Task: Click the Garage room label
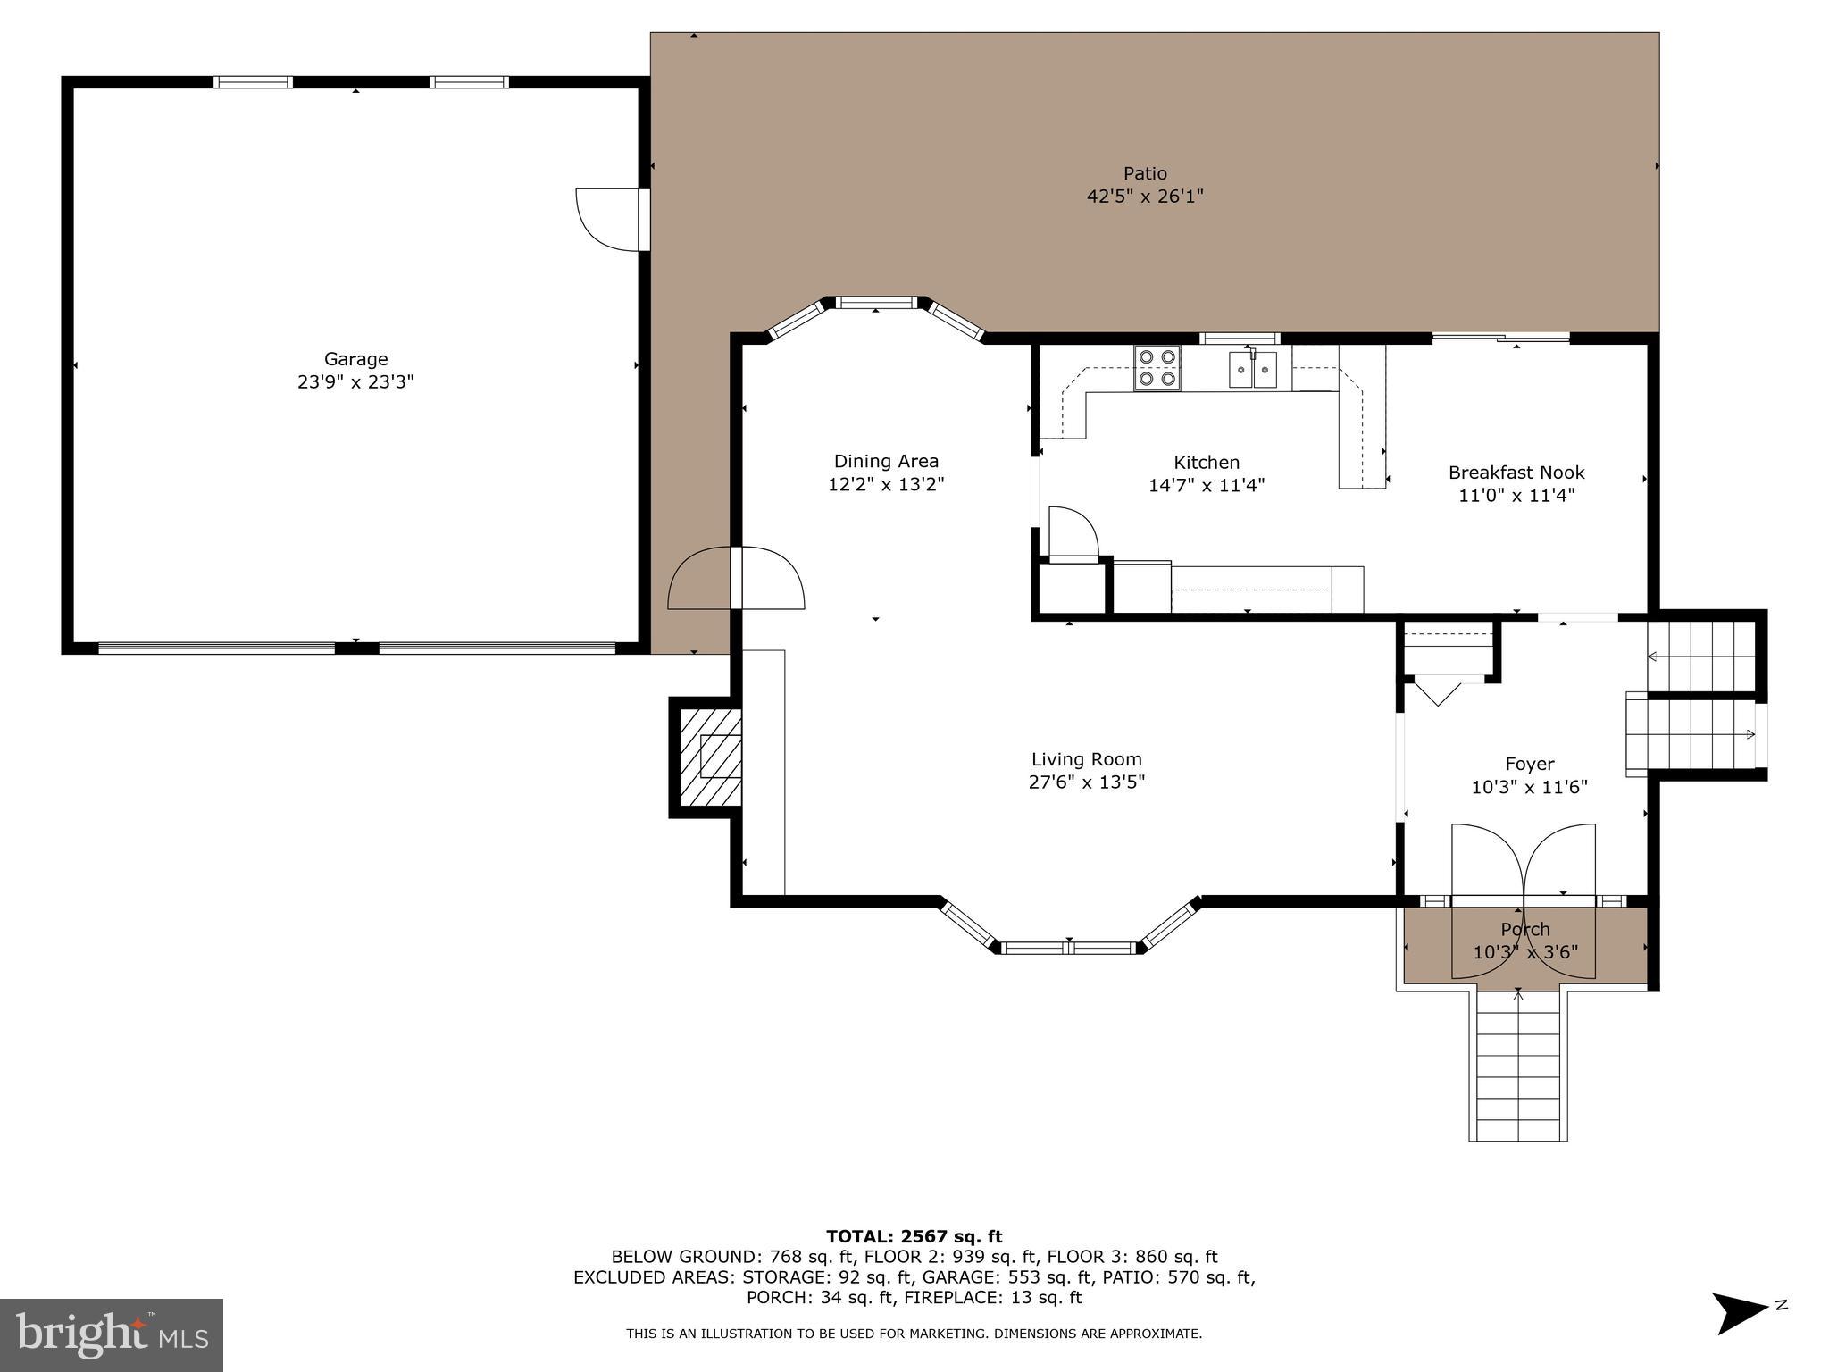point(355,359)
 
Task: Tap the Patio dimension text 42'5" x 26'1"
point(1145,197)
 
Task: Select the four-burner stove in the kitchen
point(1157,368)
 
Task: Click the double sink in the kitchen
point(1253,370)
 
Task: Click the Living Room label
point(1086,759)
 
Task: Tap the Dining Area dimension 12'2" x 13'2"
point(886,485)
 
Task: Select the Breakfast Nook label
point(1516,473)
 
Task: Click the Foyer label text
point(1529,764)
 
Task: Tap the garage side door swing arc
point(603,219)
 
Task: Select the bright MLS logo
point(112,1334)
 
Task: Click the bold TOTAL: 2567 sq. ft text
point(914,1236)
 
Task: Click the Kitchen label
point(1206,463)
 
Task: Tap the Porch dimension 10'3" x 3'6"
point(1525,952)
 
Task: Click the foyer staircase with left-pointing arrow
point(1700,657)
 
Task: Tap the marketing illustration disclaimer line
point(914,1334)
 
